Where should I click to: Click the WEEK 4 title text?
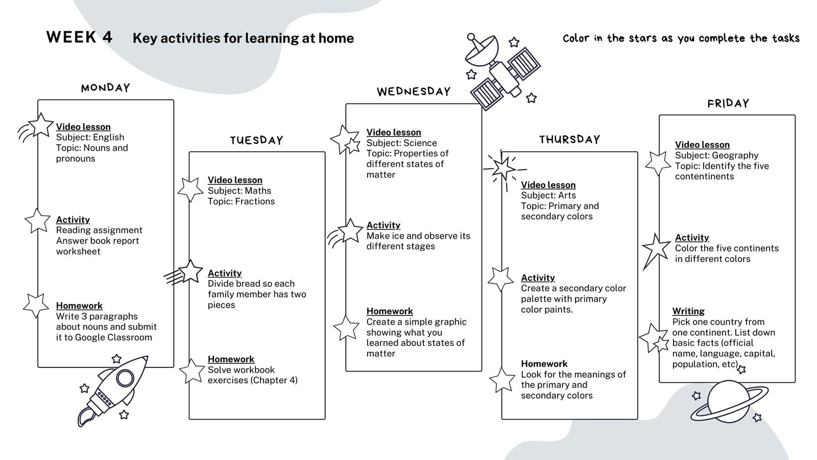pos(79,37)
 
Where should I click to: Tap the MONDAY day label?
pos(105,87)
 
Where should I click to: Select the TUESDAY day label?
pos(256,140)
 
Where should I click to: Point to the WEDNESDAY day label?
pos(414,91)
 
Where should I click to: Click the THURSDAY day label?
pos(569,140)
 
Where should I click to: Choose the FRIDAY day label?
pos(728,103)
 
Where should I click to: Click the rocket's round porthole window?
pos(125,378)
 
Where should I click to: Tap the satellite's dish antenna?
pos(480,51)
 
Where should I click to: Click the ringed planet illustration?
pos(729,402)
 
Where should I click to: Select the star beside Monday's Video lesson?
pos(41,125)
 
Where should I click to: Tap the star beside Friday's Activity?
pos(656,249)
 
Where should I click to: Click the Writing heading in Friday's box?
pos(688,311)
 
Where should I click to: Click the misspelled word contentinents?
pos(704,176)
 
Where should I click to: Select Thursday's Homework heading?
pos(544,363)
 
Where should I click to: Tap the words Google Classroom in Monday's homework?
pos(113,338)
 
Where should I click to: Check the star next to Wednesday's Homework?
pos(347,328)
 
